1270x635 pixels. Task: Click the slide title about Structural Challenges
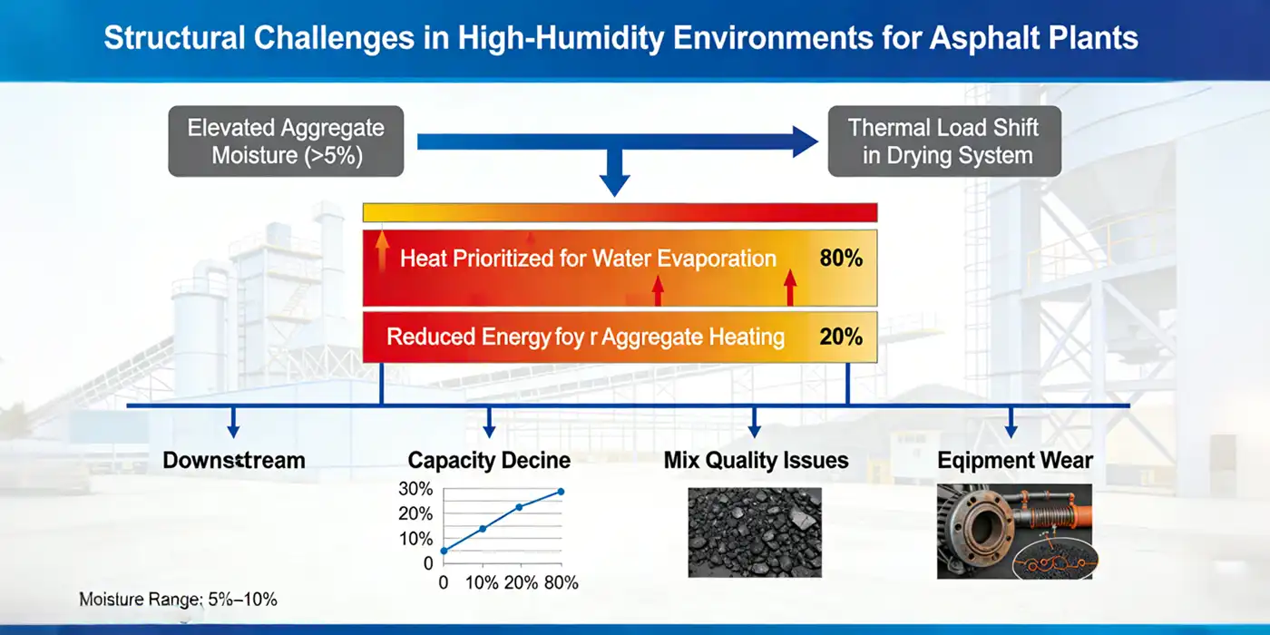point(620,40)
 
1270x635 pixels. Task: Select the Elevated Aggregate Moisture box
point(286,141)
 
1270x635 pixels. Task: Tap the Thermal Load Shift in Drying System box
point(944,141)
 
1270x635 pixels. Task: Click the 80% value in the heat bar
point(840,259)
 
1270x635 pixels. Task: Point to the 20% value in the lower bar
point(840,337)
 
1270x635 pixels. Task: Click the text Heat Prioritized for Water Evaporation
point(588,259)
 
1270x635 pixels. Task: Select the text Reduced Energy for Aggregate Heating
point(585,337)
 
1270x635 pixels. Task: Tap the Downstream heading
point(234,460)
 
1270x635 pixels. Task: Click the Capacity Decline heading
point(489,460)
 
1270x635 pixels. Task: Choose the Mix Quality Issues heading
point(756,460)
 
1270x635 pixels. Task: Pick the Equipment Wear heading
point(1014,460)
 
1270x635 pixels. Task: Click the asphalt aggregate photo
point(755,532)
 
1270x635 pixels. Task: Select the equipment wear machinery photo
point(1014,532)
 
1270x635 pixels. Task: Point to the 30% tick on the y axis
point(415,489)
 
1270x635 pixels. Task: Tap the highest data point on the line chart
point(561,492)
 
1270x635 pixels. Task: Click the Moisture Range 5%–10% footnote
point(178,600)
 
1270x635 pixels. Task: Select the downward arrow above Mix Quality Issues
point(753,422)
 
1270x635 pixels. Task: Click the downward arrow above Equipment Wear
point(1011,422)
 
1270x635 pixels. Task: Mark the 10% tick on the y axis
point(415,539)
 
